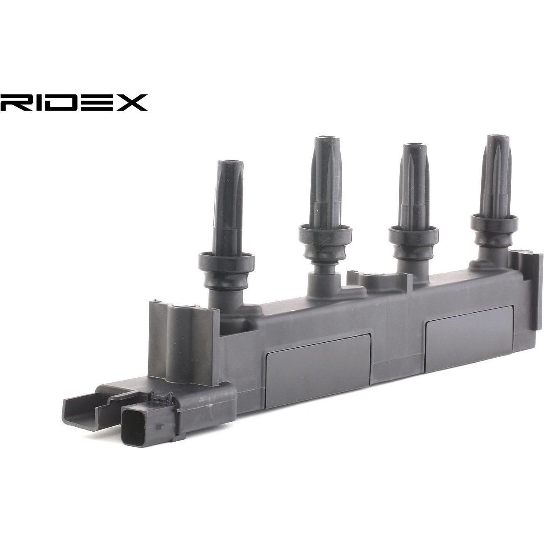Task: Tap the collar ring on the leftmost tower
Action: [226, 260]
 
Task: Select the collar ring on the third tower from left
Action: [413, 235]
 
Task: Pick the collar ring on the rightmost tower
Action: [494, 222]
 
